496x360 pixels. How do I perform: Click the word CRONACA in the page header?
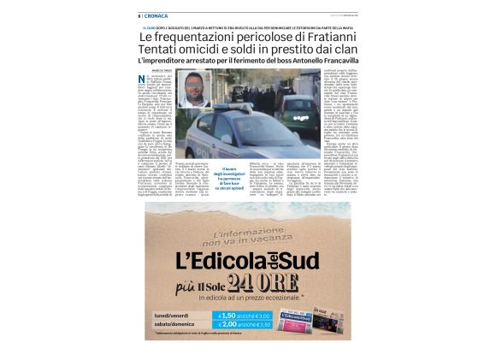(157, 15)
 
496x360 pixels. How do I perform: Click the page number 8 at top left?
(139, 15)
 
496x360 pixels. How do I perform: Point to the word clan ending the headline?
(343, 52)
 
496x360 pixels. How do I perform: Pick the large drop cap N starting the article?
(141, 81)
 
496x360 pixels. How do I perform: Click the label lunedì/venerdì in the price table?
(171, 316)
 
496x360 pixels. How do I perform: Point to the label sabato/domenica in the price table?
(174, 326)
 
